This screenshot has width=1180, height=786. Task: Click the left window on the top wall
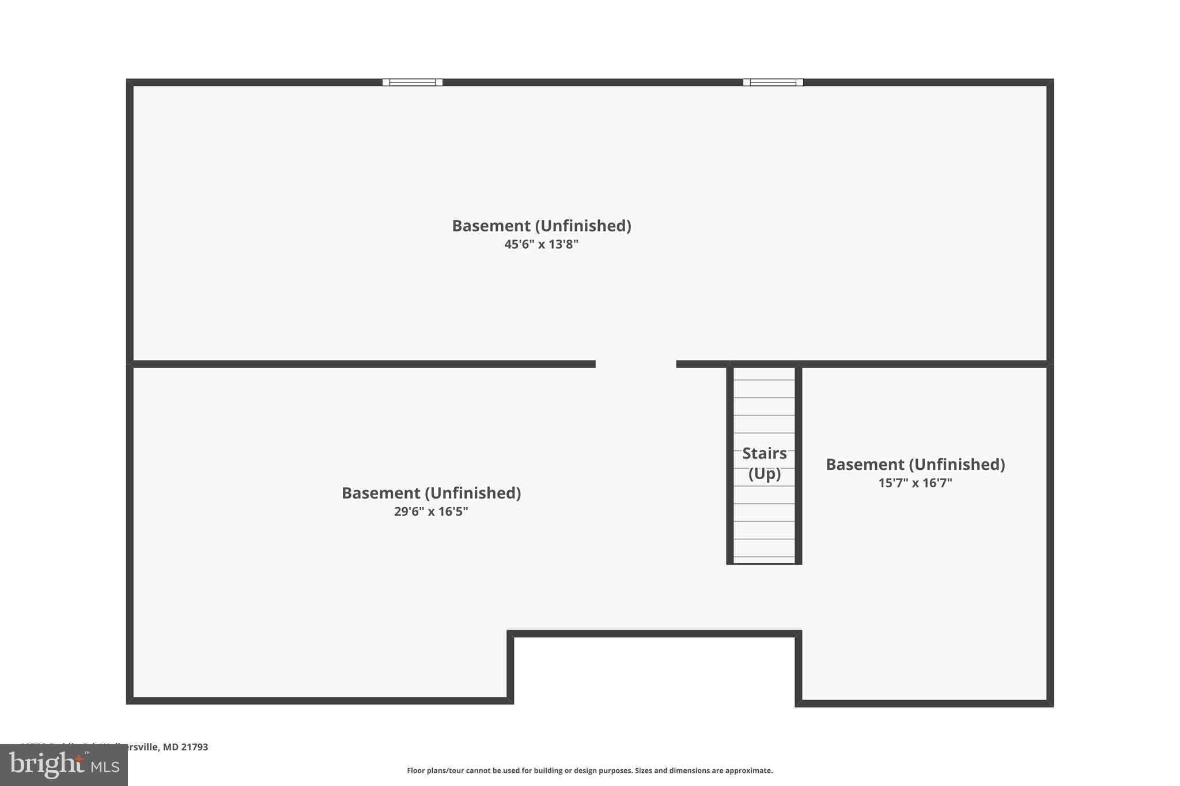click(x=413, y=82)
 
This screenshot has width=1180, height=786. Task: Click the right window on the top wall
click(x=773, y=82)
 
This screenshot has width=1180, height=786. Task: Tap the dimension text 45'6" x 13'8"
click(x=541, y=244)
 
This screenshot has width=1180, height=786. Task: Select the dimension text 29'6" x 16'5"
click(x=431, y=511)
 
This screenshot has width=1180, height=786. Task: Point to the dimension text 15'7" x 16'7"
click(x=915, y=483)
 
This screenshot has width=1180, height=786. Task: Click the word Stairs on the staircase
click(x=764, y=453)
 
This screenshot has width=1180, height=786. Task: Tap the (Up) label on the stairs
click(x=764, y=473)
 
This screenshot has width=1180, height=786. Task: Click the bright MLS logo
click(x=63, y=765)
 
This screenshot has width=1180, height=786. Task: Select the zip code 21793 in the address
click(x=195, y=747)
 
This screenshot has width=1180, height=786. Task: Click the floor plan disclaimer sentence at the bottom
click(x=589, y=770)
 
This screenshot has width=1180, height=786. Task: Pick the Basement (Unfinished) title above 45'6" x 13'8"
click(x=541, y=226)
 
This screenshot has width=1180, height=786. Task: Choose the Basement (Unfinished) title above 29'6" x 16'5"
click(x=431, y=493)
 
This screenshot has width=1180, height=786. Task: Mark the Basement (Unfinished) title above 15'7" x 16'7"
click(x=915, y=464)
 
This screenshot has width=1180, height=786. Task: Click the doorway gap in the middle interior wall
click(x=636, y=364)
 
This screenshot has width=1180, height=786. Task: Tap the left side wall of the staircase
click(x=730, y=464)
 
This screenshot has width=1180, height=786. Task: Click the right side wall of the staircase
click(x=799, y=464)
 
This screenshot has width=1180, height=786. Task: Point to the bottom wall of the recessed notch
click(x=654, y=634)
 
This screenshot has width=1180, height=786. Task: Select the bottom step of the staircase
click(x=764, y=560)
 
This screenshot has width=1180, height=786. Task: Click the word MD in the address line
click(x=171, y=747)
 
